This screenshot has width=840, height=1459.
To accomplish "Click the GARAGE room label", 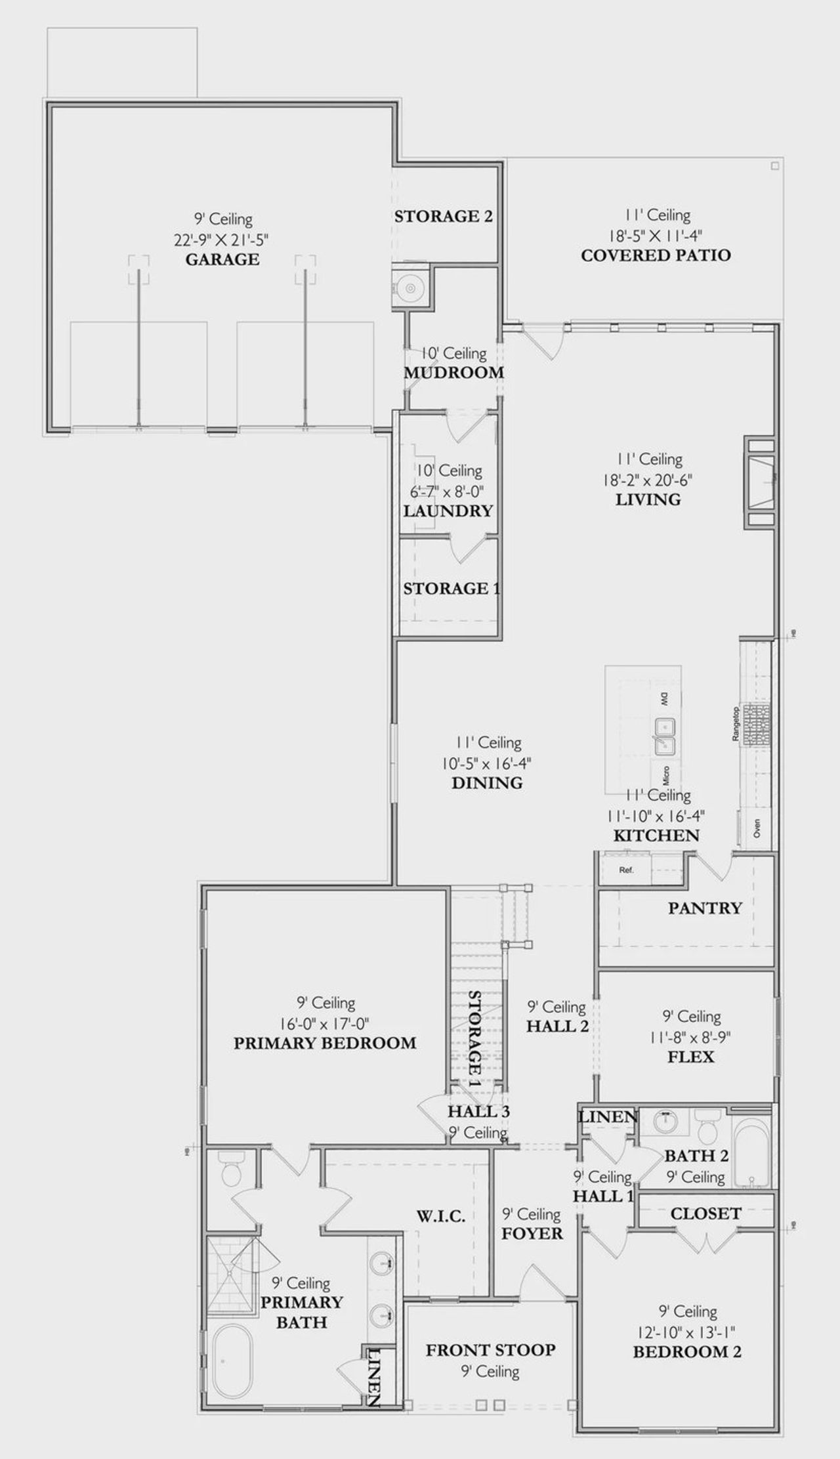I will (x=222, y=259).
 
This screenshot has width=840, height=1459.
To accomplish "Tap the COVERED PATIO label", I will (x=656, y=255).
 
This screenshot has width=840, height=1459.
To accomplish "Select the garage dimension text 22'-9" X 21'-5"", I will (x=222, y=240).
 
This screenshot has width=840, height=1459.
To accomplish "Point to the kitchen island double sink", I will (x=665, y=736).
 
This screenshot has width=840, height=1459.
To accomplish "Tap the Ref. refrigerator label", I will (x=626, y=870).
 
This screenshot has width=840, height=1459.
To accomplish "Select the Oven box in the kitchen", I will (x=756, y=828).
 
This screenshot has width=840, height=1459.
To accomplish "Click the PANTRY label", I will (x=705, y=908).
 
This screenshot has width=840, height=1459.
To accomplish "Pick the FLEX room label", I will (x=691, y=1057).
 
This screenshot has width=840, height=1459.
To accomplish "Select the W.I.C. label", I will (x=441, y=1216).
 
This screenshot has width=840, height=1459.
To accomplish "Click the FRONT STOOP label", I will (x=490, y=1350).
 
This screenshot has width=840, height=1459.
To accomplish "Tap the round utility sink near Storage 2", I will (x=410, y=287).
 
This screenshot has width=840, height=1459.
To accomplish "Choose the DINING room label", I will (x=487, y=783).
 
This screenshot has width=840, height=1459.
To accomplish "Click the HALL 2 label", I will (x=557, y=1026).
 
